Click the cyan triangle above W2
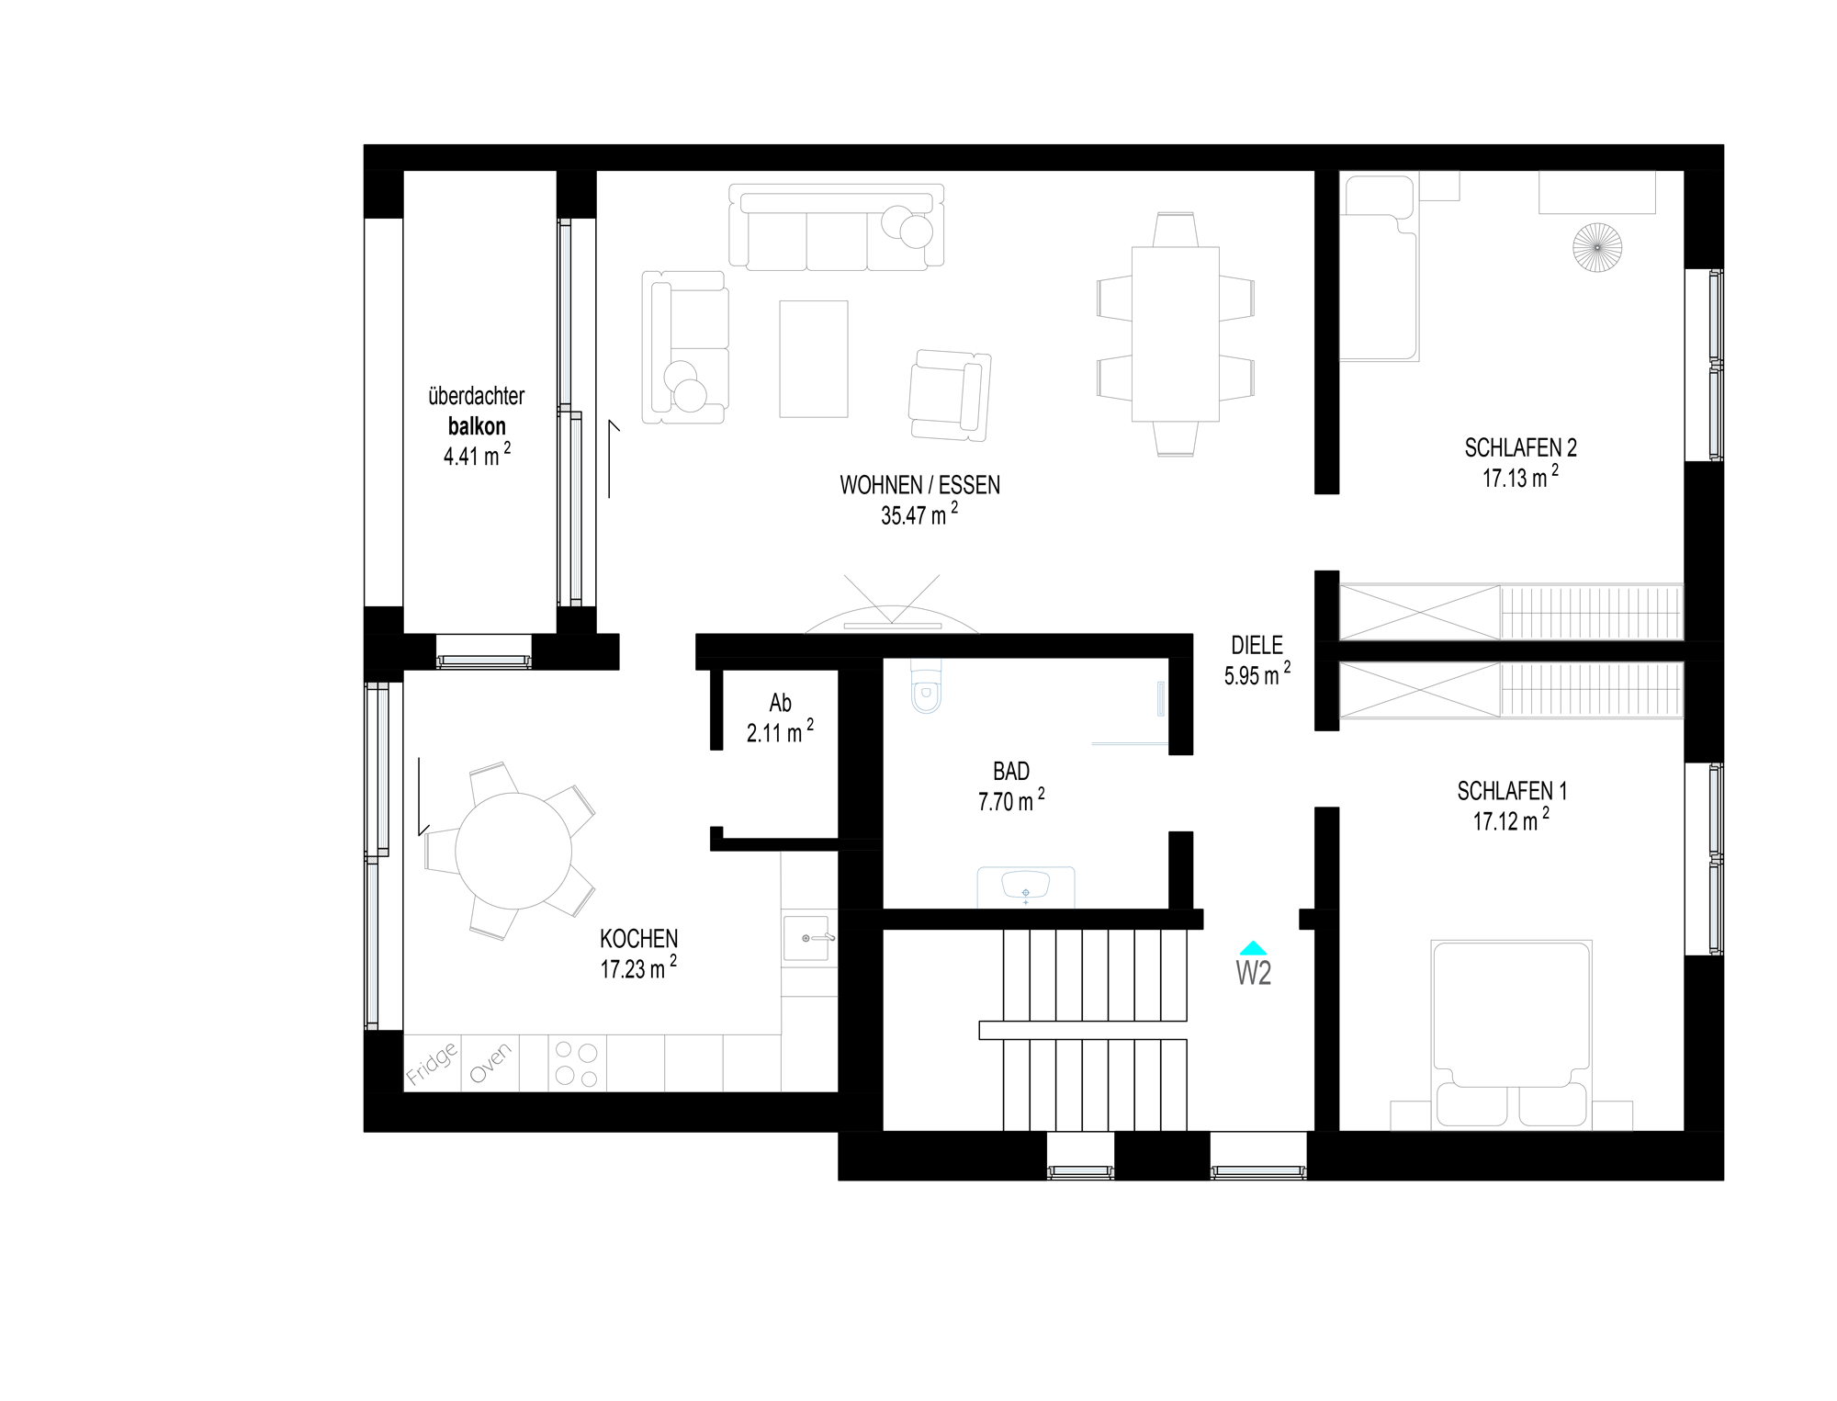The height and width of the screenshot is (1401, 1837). pyautogui.click(x=1253, y=948)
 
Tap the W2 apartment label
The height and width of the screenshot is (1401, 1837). pyautogui.click(x=1254, y=972)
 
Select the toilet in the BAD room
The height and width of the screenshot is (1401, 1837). pyautogui.click(x=926, y=687)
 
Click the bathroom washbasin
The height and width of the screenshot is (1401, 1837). pyautogui.click(x=1026, y=887)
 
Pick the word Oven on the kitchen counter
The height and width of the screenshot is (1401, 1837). pyautogui.click(x=490, y=1064)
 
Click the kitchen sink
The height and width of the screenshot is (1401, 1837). pyautogui.click(x=809, y=937)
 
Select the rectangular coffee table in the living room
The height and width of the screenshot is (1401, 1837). pyautogui.click(x=814, y=359)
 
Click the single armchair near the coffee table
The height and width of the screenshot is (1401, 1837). pyautogui.click(x=950, y=394)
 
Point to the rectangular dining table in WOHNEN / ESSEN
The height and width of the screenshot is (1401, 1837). pyautogui.click(x=1176, y=333)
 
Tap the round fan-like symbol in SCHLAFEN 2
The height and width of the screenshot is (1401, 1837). pyautogui.click(x=1597, y=247)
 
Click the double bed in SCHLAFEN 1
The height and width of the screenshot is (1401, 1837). pyautogui.click(x=1512, y=1034)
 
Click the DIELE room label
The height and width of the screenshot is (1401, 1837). pyautogui.click(x=1257, y=645)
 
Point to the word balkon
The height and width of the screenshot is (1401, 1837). pyautogui.click(x=477, y=426)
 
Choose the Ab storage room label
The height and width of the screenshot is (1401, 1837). pyautogui.click(x=780, y=703)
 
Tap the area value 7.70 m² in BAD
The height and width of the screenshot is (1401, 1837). pyautogui.click(x=1011, y=800)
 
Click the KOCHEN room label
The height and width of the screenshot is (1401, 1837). pyautogui.click(x=639, y=939)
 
